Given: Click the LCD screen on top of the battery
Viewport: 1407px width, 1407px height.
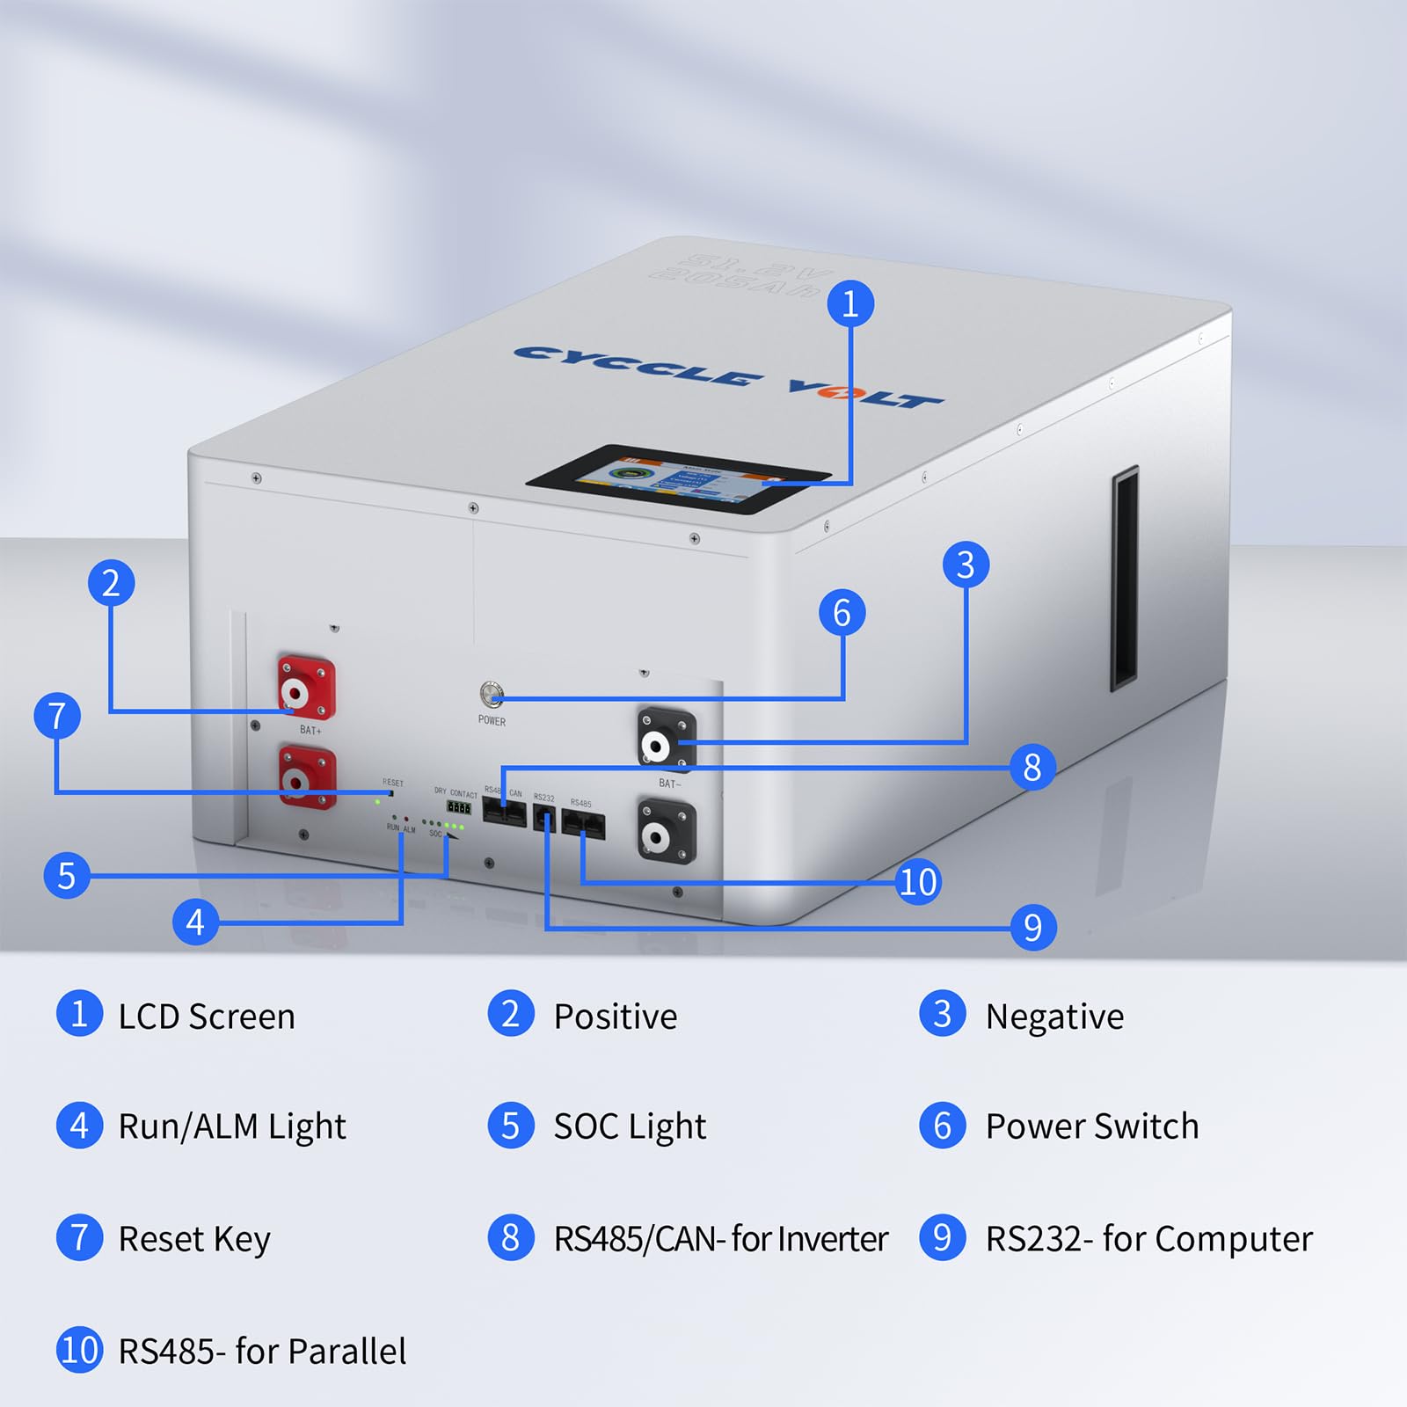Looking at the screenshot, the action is [x=678, y=480].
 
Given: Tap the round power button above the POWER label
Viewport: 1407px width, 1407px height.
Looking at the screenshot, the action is [x=492, y=694].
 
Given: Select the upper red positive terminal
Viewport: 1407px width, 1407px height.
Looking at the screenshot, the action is [x=306, y=688].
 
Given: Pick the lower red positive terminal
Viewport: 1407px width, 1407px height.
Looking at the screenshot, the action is [x=307, y=776].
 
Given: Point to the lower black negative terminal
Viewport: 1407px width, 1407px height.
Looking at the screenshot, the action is [x=667, y=831].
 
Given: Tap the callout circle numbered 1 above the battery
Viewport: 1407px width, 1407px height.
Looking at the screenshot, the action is [x=850, y=304].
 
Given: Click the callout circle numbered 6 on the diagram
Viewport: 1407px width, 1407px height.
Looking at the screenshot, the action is [x=842, y=613].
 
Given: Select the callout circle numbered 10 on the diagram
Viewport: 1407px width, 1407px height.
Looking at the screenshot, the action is [x=918, y=882].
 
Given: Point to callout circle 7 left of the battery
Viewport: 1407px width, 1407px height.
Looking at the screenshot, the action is [x=57, y=716].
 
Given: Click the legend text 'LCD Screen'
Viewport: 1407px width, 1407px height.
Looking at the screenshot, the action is [x=207, y=1017].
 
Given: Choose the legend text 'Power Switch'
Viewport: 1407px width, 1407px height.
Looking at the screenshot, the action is [x=1092, y=1126].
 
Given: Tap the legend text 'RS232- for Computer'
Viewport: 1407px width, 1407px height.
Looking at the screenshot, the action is [x=1148, y=1239].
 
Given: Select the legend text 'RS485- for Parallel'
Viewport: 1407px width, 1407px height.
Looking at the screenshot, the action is [x=262, y=1352].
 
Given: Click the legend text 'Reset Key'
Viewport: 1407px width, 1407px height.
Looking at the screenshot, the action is [x=194, y=1239].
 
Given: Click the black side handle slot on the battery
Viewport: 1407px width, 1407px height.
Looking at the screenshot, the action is [x=1125, y=579].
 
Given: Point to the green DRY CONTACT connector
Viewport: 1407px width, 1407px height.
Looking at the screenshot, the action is [x=458, y=807].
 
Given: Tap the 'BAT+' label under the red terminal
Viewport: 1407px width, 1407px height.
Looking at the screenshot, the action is [x=310, y=730].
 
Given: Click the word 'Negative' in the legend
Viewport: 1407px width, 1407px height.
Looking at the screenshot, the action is [x=1054, y=1017].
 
